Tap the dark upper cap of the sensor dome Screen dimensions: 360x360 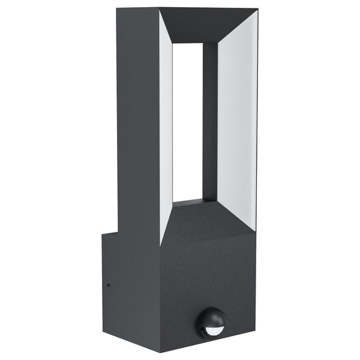212,315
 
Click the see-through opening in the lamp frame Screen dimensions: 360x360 187,120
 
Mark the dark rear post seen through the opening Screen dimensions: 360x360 210,120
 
